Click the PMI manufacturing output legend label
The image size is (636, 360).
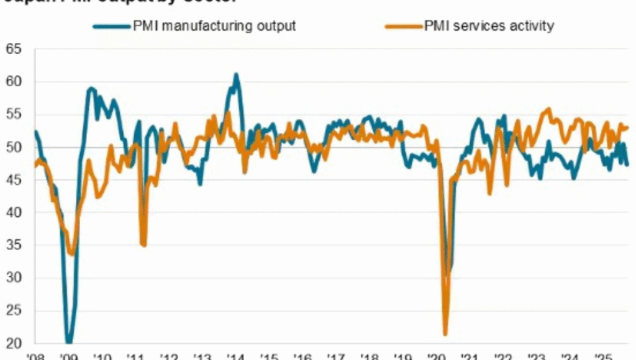pos(214,26)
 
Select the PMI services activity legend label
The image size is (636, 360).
pos(489,26)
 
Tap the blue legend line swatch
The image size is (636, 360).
pos(112,26)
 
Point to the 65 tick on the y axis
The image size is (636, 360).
pos(13,49)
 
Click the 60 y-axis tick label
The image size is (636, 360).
pos(13,82)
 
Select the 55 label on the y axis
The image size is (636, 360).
pos(13,114)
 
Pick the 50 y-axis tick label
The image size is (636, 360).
pos(13,147)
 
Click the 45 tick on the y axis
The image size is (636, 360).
pos(13,180)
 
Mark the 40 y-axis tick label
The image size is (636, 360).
pos(13,212)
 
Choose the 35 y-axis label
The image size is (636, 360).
pos(13,245)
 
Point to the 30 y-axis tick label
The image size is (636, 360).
pos(13,277)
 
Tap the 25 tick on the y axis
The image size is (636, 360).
pos(13,310)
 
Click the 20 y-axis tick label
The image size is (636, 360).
pos(13,343)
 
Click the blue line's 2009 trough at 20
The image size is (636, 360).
pos(68,342)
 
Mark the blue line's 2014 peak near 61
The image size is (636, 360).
pos(236,74)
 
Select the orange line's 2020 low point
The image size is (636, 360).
pos(445,334)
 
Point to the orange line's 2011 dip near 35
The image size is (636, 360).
pos(143,245)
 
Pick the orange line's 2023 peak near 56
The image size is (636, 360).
pos(548,109)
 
